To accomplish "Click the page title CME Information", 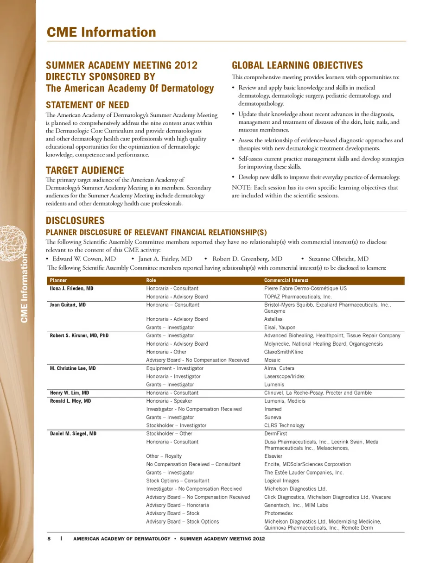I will tap(101, 32).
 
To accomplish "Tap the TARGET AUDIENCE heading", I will tap(85, 171).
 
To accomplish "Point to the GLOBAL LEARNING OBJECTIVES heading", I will tap(297, 65).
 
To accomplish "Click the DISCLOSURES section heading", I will tap(75, 221).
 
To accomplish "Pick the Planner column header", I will tap(58, 280).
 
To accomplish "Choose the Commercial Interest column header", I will tap(286, 280).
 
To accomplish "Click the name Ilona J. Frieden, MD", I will tap(71, 288).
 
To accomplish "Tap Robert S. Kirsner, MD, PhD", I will tap(79, 335).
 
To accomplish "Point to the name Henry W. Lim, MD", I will tap(69, 393).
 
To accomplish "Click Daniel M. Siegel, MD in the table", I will tap(73, 434).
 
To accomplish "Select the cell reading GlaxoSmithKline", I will tap(284, 352).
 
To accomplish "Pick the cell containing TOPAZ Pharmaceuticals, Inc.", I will tap(298, 297).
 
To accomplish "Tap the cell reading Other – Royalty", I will tap(164, 456).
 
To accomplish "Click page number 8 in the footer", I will tap(49, 539).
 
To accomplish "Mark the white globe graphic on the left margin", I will tap(14, 243).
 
